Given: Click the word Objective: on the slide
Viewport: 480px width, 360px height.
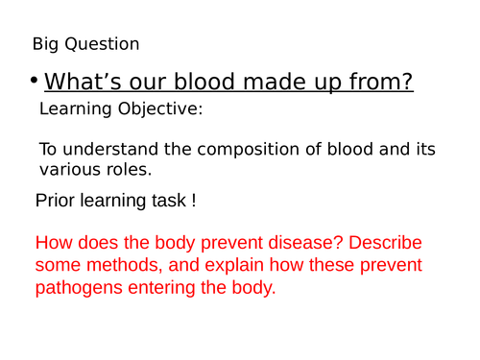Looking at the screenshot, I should (x=157, y=109).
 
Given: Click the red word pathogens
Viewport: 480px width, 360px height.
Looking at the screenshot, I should (x=77, y=287).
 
